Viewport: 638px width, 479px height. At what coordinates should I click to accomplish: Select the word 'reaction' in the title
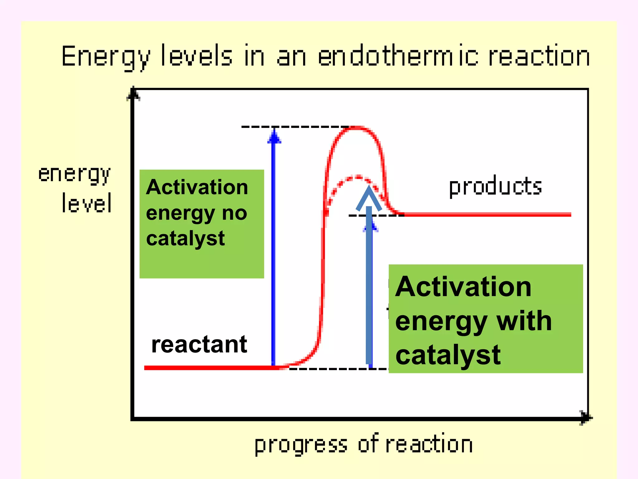pos(539,56)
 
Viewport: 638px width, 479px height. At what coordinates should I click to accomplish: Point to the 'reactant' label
pos(199,345)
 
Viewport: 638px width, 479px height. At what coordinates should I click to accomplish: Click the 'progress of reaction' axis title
pos(364,444)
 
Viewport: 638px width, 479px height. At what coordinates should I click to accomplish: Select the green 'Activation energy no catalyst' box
pos(202,224)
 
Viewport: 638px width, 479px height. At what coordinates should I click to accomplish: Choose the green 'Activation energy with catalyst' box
pos(485,318)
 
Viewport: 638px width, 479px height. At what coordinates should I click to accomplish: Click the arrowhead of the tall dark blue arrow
pos(274,137)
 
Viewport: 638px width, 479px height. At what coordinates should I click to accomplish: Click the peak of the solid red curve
pos(356,128)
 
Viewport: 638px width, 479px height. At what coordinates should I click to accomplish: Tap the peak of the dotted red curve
pos(358,177)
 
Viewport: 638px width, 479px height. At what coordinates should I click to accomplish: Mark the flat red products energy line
pos(486,215)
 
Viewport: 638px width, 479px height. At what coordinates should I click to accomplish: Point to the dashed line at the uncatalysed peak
pos(294,127)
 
